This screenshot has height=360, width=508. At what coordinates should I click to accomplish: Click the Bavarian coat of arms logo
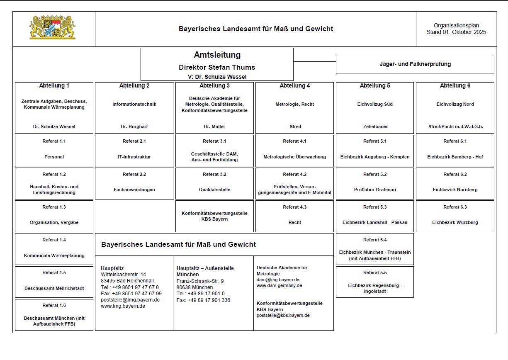pos(52,28)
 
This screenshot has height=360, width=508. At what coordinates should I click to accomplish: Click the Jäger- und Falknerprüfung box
pos(415,64)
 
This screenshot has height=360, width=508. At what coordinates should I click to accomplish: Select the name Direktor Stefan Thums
pos(217,67)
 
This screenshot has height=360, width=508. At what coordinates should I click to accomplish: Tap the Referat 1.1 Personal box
pos(54,150)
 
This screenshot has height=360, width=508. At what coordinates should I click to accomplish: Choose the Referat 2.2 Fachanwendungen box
pos(134,183)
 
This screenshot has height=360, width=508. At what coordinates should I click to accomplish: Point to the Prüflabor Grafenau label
pos(374,190)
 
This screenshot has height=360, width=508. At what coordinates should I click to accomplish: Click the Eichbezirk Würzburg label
pos(455,222)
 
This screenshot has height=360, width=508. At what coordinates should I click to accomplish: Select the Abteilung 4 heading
pos(294,86)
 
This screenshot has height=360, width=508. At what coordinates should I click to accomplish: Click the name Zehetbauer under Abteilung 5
pos(374,126)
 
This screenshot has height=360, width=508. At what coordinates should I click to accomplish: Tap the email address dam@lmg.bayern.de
pos(278,280)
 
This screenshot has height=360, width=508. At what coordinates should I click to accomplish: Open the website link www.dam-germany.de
pos(279,285)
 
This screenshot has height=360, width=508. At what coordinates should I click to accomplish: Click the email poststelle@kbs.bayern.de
pos(283,315)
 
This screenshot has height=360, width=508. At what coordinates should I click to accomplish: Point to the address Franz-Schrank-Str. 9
pos(200,281)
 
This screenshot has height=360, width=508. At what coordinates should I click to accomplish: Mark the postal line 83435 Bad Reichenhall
pos(127,281)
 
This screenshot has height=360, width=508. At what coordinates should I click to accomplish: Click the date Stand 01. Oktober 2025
pos(456,32)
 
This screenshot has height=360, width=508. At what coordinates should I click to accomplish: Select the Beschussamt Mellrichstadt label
pos(54,288)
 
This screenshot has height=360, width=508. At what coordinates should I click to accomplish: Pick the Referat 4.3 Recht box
pos(294,216)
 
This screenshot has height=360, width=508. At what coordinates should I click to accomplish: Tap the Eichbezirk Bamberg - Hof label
pos(455,157)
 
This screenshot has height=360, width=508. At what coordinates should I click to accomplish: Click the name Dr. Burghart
pos(134,126)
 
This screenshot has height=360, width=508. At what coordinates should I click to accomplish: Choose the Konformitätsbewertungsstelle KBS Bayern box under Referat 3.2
pos(214,216)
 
